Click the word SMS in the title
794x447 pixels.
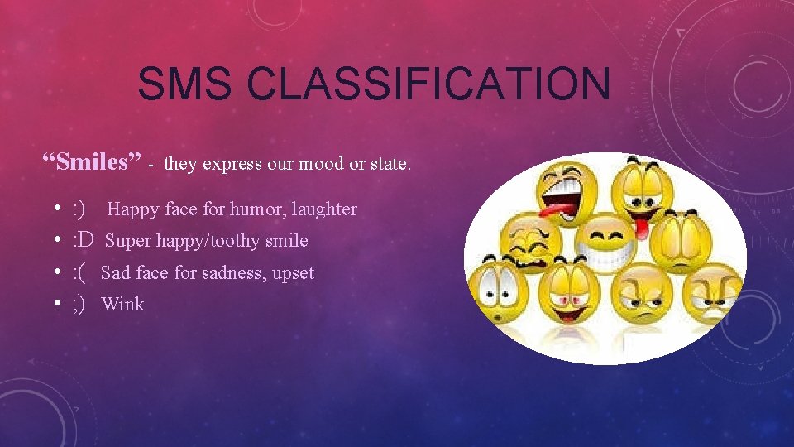pyautogui.click(x=187, y=84)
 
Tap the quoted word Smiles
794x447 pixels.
pyautogui.click(x=93, y=161)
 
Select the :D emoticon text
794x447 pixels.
pyautogui.click(x=84, y=241)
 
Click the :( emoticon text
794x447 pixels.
pyautogui.click(x=81, y=272)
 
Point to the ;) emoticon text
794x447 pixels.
pyautogui.click(x=80, y=304)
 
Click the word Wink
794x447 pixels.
pyautogui.click(x=122, y=304)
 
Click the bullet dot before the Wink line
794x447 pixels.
pyautogui.click(x=55, y=304)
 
